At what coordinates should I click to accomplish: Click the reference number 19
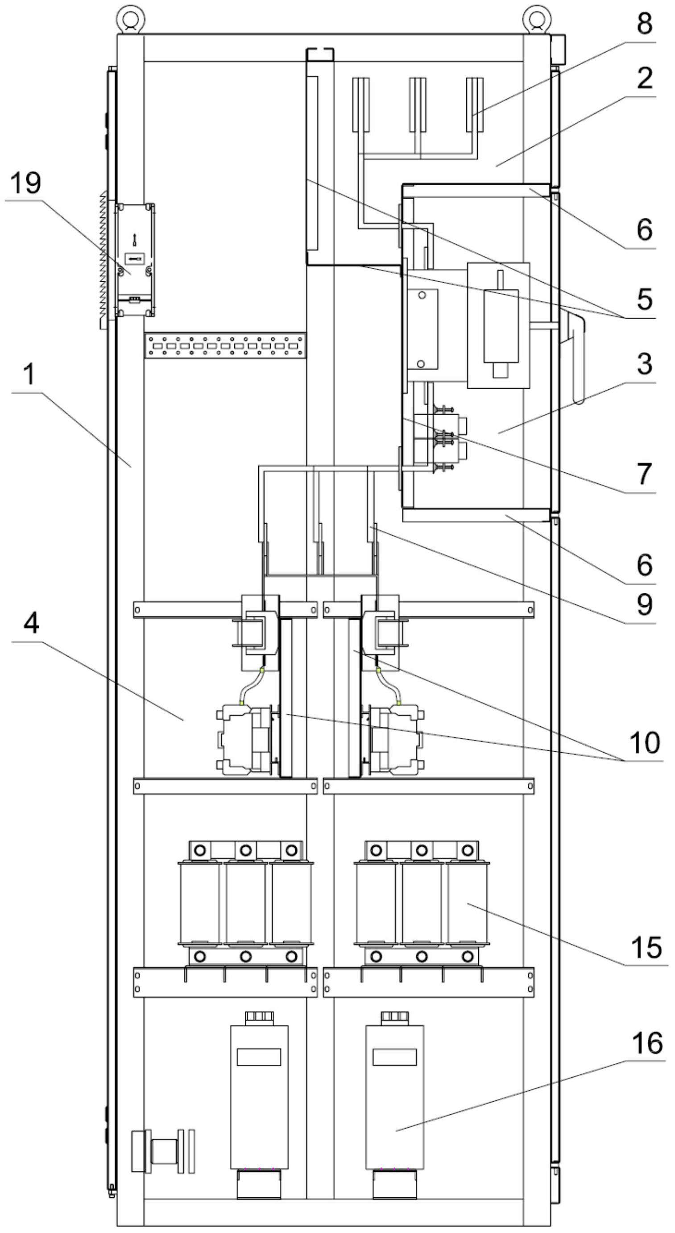click(26, 183)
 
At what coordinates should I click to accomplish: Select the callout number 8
click(644, 23)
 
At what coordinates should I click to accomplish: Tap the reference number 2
click(644, 78)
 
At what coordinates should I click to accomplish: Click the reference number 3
click(644, 363)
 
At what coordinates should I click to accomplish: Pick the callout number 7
click(644, 473)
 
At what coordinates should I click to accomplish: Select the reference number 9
click(644, 604)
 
